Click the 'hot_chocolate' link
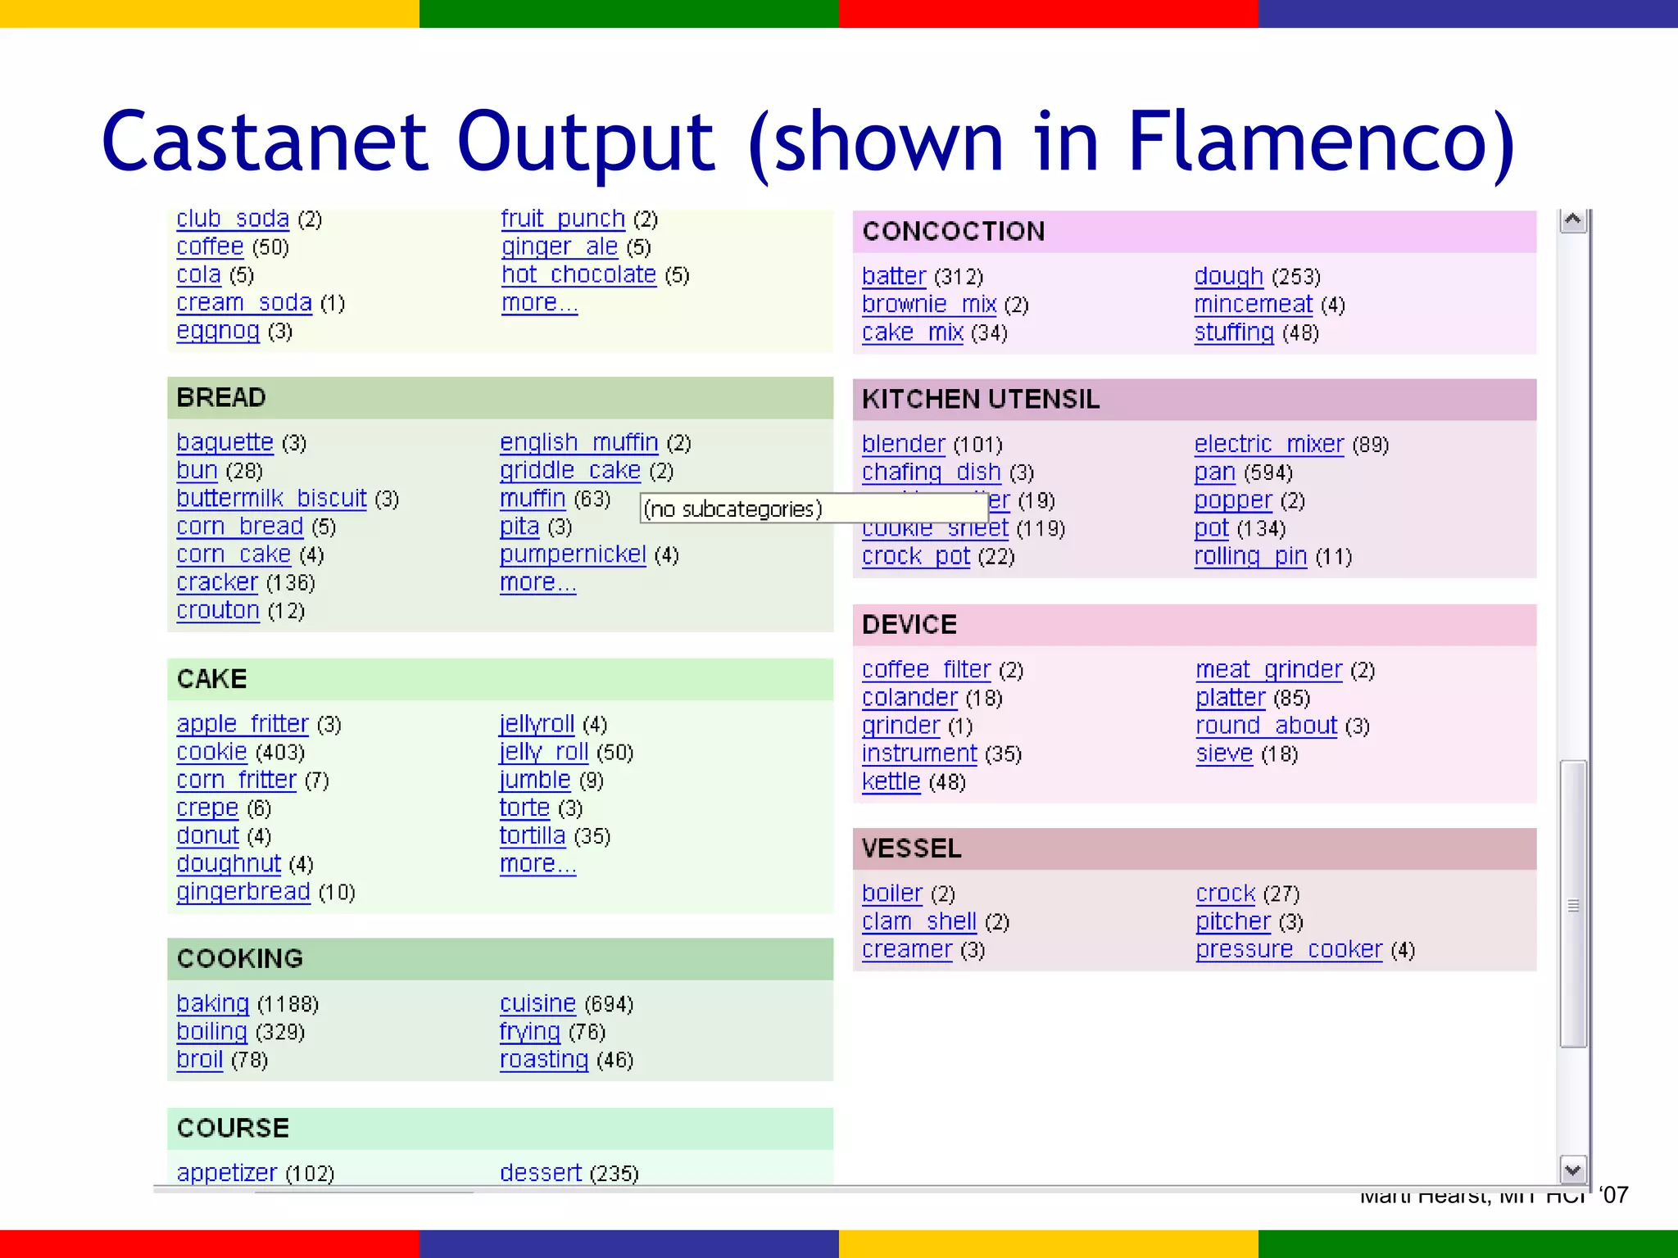(x=578, y=274)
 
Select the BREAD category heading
(x=221, y=398)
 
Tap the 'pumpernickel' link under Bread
(x=573, y=554)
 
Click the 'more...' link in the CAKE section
(x=537, y=864)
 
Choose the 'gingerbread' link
(x=243, y=892)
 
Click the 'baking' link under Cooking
(x=212, y=1003)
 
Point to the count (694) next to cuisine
(x=609, y=1004)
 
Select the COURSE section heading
(x=233, y=1129)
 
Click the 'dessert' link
(x=541, y=1173)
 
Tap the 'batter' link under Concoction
(x=893, y=277)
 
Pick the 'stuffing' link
(x=1233, y=333)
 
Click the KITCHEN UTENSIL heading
(x=980, y=400)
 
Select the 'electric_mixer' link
(x=1268, y=444)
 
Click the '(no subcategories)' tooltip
(x=732, y=509)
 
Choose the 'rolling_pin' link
(x=1249, y=557)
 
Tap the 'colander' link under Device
(x=909, y=698)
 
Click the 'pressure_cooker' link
(x=1288, y=950)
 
